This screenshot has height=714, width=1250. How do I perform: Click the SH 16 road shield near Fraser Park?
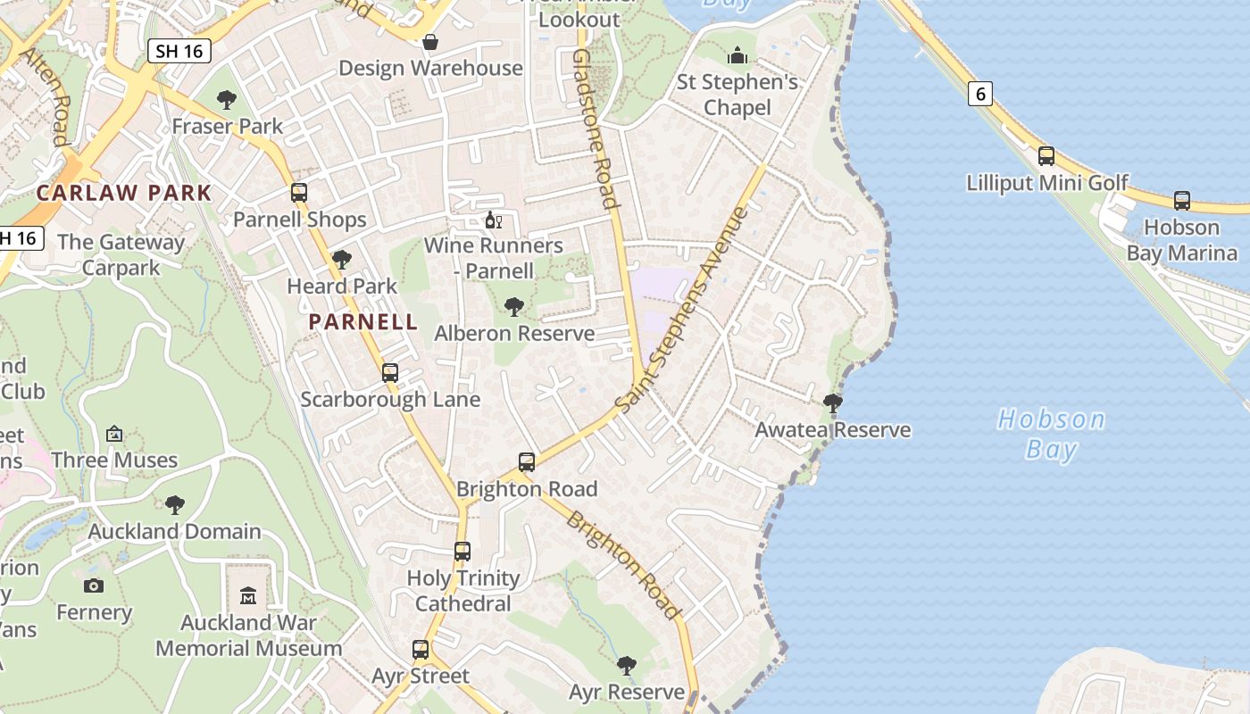179,51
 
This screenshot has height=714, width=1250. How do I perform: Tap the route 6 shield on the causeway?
980,93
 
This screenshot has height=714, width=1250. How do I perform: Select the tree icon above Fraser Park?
227,100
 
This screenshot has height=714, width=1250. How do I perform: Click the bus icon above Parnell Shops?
299,193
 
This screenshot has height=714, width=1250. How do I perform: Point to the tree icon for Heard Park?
341,260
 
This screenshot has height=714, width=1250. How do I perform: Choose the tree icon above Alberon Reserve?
513,307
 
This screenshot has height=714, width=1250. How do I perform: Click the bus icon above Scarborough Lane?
390,373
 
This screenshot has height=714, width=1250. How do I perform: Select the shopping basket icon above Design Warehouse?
430,42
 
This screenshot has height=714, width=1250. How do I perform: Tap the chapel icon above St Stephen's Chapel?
737,56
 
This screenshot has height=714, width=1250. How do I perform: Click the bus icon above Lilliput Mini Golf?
1046,156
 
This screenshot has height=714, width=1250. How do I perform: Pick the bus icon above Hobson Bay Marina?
1182,201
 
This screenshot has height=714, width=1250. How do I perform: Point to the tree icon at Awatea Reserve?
833,403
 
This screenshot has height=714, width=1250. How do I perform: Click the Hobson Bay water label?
1051,434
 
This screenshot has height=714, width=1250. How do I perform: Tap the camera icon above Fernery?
94,586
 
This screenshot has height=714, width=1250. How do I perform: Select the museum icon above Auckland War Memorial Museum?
248,595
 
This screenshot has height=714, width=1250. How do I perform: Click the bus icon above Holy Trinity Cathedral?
462,552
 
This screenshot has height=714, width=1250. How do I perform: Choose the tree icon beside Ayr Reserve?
627,666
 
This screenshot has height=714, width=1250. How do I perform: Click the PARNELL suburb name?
363,322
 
